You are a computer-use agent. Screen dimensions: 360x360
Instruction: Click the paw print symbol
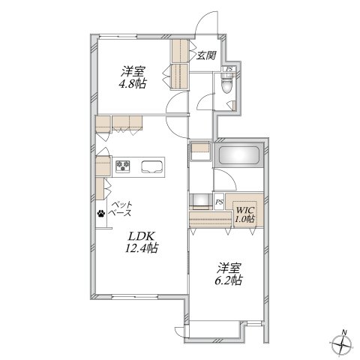point(101,213)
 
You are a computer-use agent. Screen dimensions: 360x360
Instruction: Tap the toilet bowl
point(227,84)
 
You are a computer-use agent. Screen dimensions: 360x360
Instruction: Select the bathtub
point(238,155)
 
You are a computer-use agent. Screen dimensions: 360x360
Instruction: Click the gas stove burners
point(123,166)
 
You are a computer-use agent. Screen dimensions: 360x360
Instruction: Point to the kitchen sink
point(152,166)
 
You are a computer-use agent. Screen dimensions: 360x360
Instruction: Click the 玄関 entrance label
point(205,55)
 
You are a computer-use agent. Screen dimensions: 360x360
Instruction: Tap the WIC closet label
point(245,209)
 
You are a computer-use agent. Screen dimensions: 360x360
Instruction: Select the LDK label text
point(142,236)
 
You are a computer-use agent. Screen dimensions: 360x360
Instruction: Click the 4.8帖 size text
point(132,84)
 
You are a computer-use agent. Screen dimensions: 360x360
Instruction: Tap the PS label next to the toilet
point(229,69)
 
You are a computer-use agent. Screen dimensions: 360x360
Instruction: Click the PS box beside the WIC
point(220,201)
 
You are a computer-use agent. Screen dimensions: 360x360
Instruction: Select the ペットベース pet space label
point(121,209)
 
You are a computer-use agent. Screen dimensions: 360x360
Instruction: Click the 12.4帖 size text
point(142,248)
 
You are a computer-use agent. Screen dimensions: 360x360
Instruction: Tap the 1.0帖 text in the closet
point(244,219)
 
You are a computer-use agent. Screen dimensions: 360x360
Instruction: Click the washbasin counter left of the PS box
point(200,201)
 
